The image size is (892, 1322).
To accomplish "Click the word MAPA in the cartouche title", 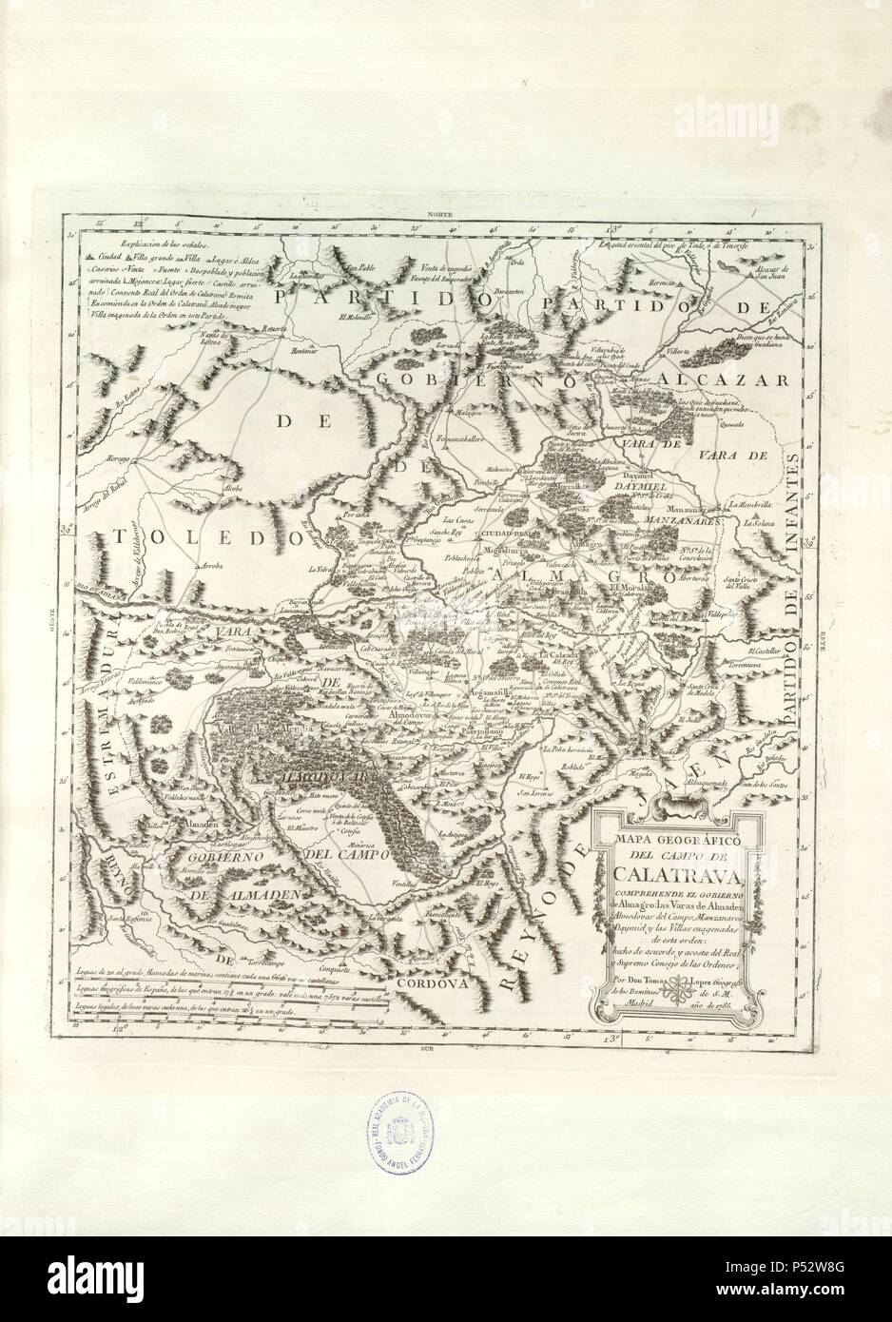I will click(x=617, y=840).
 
